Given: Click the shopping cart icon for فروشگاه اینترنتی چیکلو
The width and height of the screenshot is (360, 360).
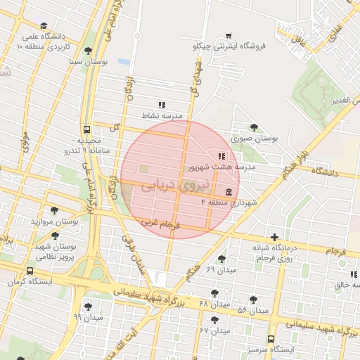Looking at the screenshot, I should (x=228, y=36).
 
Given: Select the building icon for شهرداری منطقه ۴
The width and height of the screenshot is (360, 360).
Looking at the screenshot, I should (x=229, y=192).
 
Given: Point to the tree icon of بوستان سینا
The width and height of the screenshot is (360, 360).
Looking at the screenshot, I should (x=87, y=51).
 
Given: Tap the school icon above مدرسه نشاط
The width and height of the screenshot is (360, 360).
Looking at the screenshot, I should (x=162, y=104).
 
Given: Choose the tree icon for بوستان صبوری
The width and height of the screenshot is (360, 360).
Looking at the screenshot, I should (x=254, y=127).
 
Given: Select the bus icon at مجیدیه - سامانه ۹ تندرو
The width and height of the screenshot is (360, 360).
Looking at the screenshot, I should (x=86, y=129).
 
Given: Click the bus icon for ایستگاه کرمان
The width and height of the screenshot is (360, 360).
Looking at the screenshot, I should (x=30, y=271).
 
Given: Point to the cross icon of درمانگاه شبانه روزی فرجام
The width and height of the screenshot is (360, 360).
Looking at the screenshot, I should (x=274, y=238).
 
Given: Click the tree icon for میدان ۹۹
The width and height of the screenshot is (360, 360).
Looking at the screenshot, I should (x=88, y=306).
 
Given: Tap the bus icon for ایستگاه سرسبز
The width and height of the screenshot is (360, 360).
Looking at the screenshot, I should (x=271, y=338).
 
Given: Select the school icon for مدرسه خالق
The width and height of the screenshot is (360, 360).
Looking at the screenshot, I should (x=352, y=274).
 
